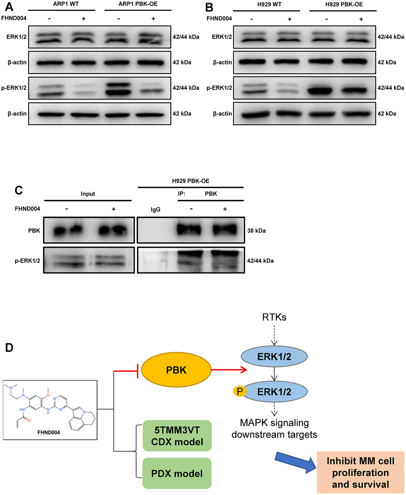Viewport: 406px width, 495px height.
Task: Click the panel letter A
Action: [x=9, y=7]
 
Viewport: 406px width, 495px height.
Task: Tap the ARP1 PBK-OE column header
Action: [x=138, y=4]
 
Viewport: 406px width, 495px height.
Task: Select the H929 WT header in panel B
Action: [x=269, y=4]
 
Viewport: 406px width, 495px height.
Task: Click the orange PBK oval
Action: [x=176, y=370]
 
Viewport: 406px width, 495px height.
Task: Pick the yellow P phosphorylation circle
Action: [x=240, y=391]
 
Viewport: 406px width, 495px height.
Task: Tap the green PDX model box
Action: [x=177, y=474]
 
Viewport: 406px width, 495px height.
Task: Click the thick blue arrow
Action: [x=296, y=462]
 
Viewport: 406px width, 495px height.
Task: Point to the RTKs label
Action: [x=274, y=317]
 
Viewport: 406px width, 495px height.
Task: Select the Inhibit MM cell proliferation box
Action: [x=360, y=472]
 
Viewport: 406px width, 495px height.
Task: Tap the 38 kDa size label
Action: [x=256, y=231]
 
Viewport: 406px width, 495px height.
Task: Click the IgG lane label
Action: [x=156, y=210]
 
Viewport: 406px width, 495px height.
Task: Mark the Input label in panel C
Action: [x=88, y=194]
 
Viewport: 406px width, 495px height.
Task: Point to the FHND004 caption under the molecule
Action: [x=49, y=432]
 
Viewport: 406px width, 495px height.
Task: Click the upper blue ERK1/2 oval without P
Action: [x=274, y=356]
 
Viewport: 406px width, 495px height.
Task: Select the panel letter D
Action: [x=9, y=348]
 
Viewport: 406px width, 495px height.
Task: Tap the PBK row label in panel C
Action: [x=34, y=231]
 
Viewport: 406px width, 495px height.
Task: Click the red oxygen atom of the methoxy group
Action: [x=48, y=395]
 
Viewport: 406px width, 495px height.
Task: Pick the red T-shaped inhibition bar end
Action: [x=137, y=371]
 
